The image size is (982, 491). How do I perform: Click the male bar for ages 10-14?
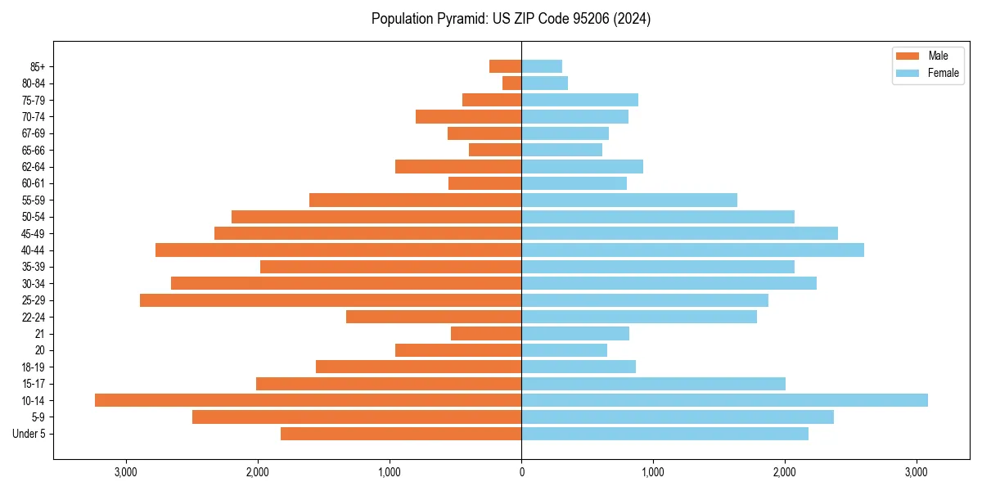(308, 400)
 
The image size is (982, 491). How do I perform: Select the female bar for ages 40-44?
(692, 250)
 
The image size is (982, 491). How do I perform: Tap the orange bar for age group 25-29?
(331, 300)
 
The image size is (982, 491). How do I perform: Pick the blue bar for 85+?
(542, 66)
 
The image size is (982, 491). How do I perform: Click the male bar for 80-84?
(512, 83)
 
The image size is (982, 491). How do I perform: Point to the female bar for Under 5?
(664, 434)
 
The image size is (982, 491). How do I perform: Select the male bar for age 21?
(486, 334)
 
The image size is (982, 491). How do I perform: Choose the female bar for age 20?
(564, 350)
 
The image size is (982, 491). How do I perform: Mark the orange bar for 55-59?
(415, 200)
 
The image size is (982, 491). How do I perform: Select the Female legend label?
(943, 73)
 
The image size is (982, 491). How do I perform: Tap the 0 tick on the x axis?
(521, 472)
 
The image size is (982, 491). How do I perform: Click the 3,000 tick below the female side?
(917, 472)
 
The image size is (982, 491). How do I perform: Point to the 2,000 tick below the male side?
(258, 472)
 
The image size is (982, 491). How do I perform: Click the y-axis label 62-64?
(34, 167)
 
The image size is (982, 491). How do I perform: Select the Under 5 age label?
(29, 434)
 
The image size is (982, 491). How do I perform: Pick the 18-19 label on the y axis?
(34, 367)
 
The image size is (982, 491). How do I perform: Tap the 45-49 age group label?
(34, 233)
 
